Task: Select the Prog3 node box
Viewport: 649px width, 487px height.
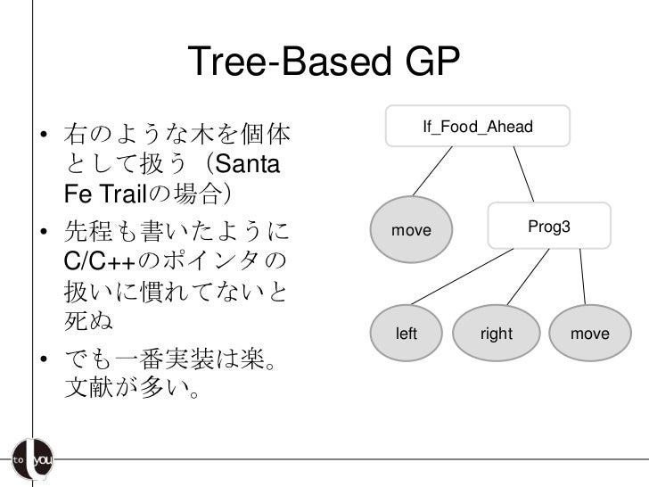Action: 549,227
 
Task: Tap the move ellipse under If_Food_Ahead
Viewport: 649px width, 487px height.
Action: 411,231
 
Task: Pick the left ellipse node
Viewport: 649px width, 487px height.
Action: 407,334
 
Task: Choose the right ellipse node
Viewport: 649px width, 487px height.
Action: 496,334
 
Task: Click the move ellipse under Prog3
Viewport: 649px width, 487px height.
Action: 589,334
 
